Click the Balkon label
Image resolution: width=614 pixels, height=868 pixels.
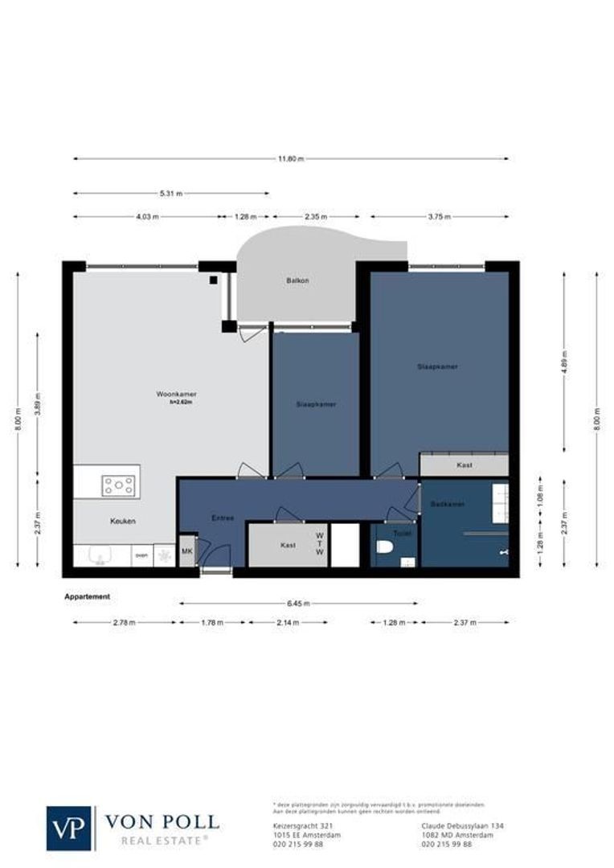(x=297, y=280)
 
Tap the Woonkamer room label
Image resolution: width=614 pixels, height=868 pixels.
(x=177, y=395)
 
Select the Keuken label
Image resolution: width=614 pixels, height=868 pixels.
(x=123, y=522)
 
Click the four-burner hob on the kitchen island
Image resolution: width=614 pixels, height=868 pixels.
(x=118, y=485)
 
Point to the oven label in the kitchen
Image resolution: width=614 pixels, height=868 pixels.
(x=141, y=555)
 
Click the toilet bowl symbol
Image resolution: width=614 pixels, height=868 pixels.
(x=386, y=549)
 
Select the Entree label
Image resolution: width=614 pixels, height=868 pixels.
(x=223, y=518)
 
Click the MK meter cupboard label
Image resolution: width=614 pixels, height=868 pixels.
(x=187, y=551)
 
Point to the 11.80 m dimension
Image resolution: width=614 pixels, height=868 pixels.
(x=291, y=159)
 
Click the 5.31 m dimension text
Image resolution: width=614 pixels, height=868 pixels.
(x=171, y=194)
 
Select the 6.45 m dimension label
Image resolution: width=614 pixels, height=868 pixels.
(x=298, y=603)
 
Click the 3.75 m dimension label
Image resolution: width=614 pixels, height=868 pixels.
(x=440, y=217)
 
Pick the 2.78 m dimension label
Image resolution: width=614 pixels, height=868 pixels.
(x=125, y=622)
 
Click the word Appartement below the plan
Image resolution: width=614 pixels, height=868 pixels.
(x=87, y=597)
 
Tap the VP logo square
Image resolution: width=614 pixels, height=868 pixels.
(x=69, y=828)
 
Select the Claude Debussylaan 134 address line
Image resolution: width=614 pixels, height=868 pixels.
(x=456, y=825)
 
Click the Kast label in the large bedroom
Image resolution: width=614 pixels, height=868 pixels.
(x=464, y=465)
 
